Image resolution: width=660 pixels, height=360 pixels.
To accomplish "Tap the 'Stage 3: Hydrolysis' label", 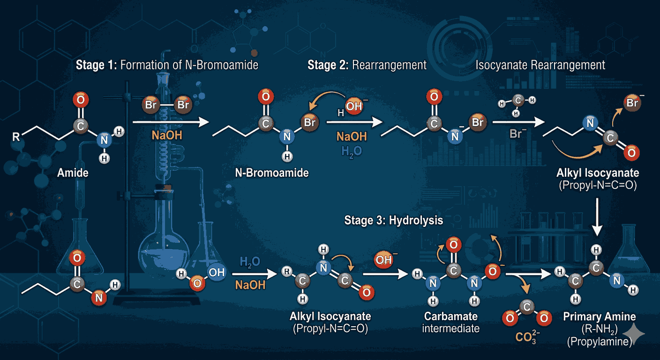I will point(393,220).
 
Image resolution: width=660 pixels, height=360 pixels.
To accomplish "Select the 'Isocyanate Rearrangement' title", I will point(540,65).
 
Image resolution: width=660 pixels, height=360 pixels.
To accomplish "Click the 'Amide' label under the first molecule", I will point(73,173).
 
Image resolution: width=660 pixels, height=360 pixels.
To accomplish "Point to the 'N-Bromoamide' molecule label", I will point(272,173).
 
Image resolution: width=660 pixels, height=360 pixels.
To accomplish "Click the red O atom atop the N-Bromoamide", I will point(265,98).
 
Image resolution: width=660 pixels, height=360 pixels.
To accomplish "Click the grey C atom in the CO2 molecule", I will point(526,307).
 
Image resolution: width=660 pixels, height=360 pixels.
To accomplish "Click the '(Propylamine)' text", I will point(600,342).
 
